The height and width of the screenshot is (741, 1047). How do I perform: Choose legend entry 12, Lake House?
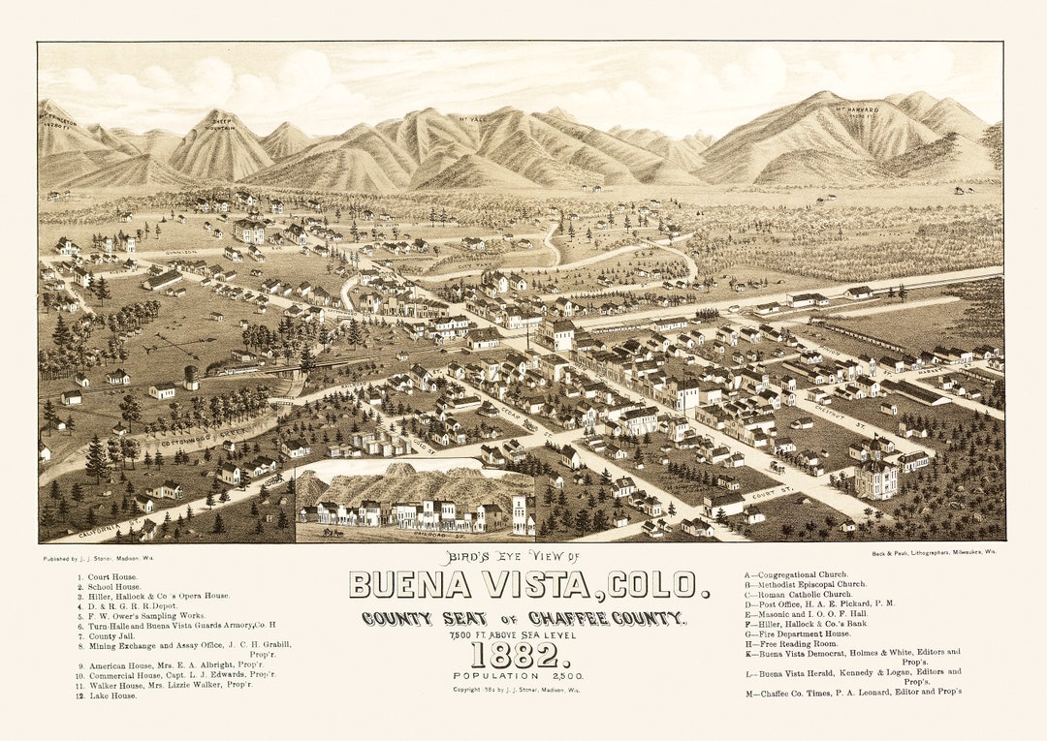click(x=108, y=695)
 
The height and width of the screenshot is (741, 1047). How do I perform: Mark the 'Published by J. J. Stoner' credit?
click(x=98, y=559)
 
